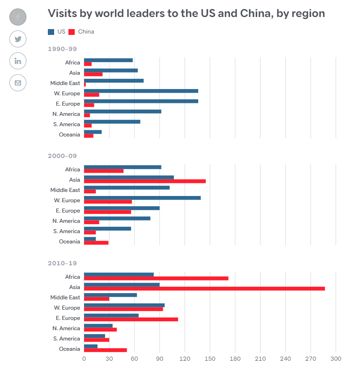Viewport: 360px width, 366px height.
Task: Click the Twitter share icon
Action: point(18,39)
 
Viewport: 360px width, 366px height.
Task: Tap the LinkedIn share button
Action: point(18,61)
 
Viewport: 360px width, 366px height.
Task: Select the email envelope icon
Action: point(18,83)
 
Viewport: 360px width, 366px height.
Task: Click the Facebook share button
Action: point(18,17)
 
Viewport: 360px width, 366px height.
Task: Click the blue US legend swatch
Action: point(51,32)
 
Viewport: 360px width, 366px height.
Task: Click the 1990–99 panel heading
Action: point(62,49)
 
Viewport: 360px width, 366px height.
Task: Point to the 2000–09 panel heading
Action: point(62,156)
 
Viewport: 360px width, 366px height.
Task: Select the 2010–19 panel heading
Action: point(62,263)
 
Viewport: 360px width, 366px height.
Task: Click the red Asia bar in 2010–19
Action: point(204,289)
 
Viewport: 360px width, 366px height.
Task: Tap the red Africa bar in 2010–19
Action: point(156,278)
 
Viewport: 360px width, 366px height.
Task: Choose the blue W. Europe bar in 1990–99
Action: point(141,91)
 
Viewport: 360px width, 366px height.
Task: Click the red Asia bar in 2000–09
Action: point(145,181)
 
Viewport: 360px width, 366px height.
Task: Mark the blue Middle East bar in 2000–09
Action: point(127,187)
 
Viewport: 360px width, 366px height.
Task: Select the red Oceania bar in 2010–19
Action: point(106,350)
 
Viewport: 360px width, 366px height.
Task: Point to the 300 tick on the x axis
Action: point(336,359)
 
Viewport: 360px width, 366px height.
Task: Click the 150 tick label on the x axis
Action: point(210,359)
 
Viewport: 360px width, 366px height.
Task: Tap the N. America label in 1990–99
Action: point(66,114)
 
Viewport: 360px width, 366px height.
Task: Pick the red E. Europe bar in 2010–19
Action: point(131,319)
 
